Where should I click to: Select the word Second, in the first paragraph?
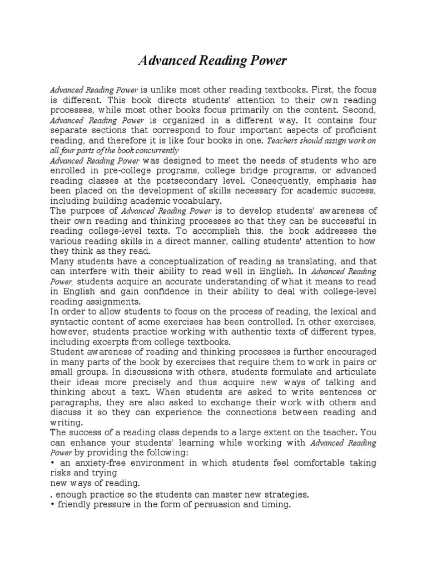pos(358,109)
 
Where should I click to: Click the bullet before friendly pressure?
pos(52,504)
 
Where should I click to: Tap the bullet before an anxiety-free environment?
pos(52,463)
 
